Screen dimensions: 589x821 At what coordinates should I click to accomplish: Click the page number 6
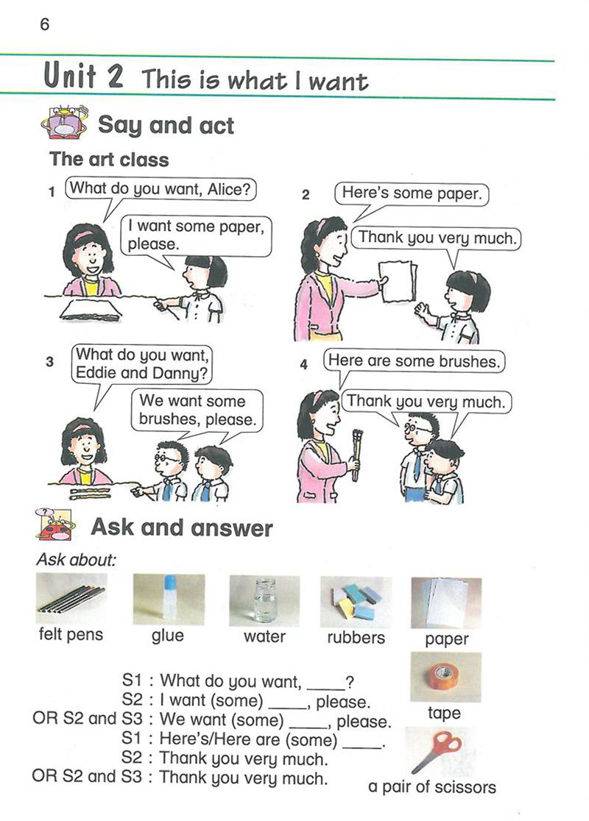44,24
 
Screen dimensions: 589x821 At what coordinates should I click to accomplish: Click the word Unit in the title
70,75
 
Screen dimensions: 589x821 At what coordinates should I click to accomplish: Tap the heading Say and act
166,126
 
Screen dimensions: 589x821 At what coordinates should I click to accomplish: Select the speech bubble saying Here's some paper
412,193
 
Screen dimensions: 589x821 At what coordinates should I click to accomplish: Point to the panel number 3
50,362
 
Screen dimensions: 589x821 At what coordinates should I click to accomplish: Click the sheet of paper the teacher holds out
398,282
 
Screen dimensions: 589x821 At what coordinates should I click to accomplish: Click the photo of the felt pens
71,598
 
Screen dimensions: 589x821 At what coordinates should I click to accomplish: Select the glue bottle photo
169,599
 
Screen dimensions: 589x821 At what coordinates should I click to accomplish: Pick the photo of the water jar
264,600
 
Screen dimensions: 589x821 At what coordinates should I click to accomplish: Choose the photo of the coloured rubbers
356,602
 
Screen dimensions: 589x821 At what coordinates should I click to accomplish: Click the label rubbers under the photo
356,637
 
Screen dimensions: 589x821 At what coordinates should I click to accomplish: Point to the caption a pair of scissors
431,787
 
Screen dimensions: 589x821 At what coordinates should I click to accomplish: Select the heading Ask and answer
182,527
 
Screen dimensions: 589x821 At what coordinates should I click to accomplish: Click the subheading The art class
109,159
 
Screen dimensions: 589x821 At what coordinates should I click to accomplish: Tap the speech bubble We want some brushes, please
197,410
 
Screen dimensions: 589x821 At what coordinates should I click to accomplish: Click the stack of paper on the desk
91,310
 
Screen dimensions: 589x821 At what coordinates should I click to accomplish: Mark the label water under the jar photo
264,636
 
